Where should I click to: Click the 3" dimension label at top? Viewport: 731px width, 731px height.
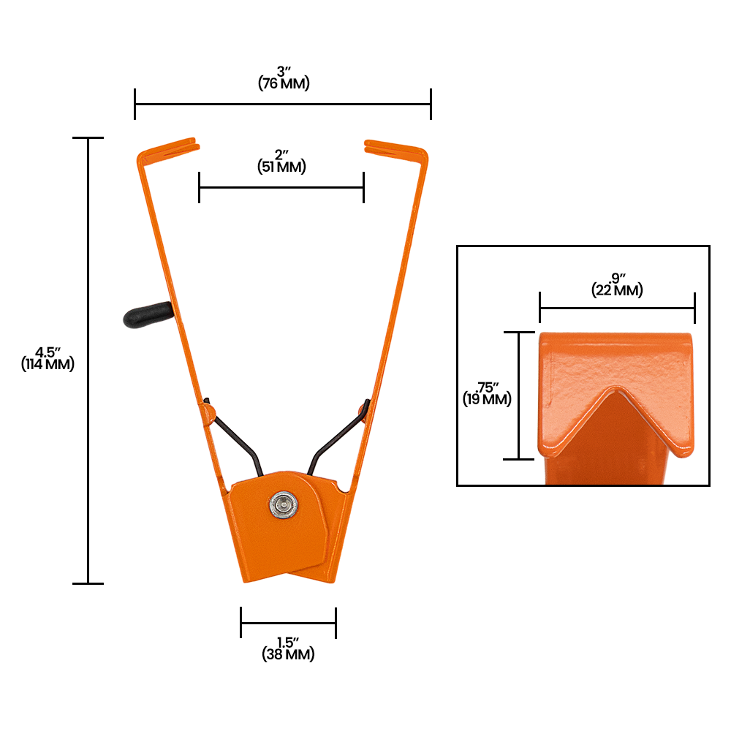(282, 72)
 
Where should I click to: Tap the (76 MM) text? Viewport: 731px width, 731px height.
(284, 83)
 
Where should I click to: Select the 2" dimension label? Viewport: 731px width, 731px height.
(281, 155)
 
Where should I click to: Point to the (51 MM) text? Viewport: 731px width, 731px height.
(281, 167)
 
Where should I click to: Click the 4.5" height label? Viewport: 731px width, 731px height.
(48, 352)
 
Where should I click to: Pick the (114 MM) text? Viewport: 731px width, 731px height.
(48, 364)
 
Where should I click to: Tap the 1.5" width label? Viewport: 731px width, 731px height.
(288, 643)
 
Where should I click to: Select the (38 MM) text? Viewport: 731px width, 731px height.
(288, 655)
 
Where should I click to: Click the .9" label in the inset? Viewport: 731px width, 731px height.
(617, 279)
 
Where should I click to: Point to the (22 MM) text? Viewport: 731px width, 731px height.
(617, 290)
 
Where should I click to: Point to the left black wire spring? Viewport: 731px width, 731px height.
(234, 435)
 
